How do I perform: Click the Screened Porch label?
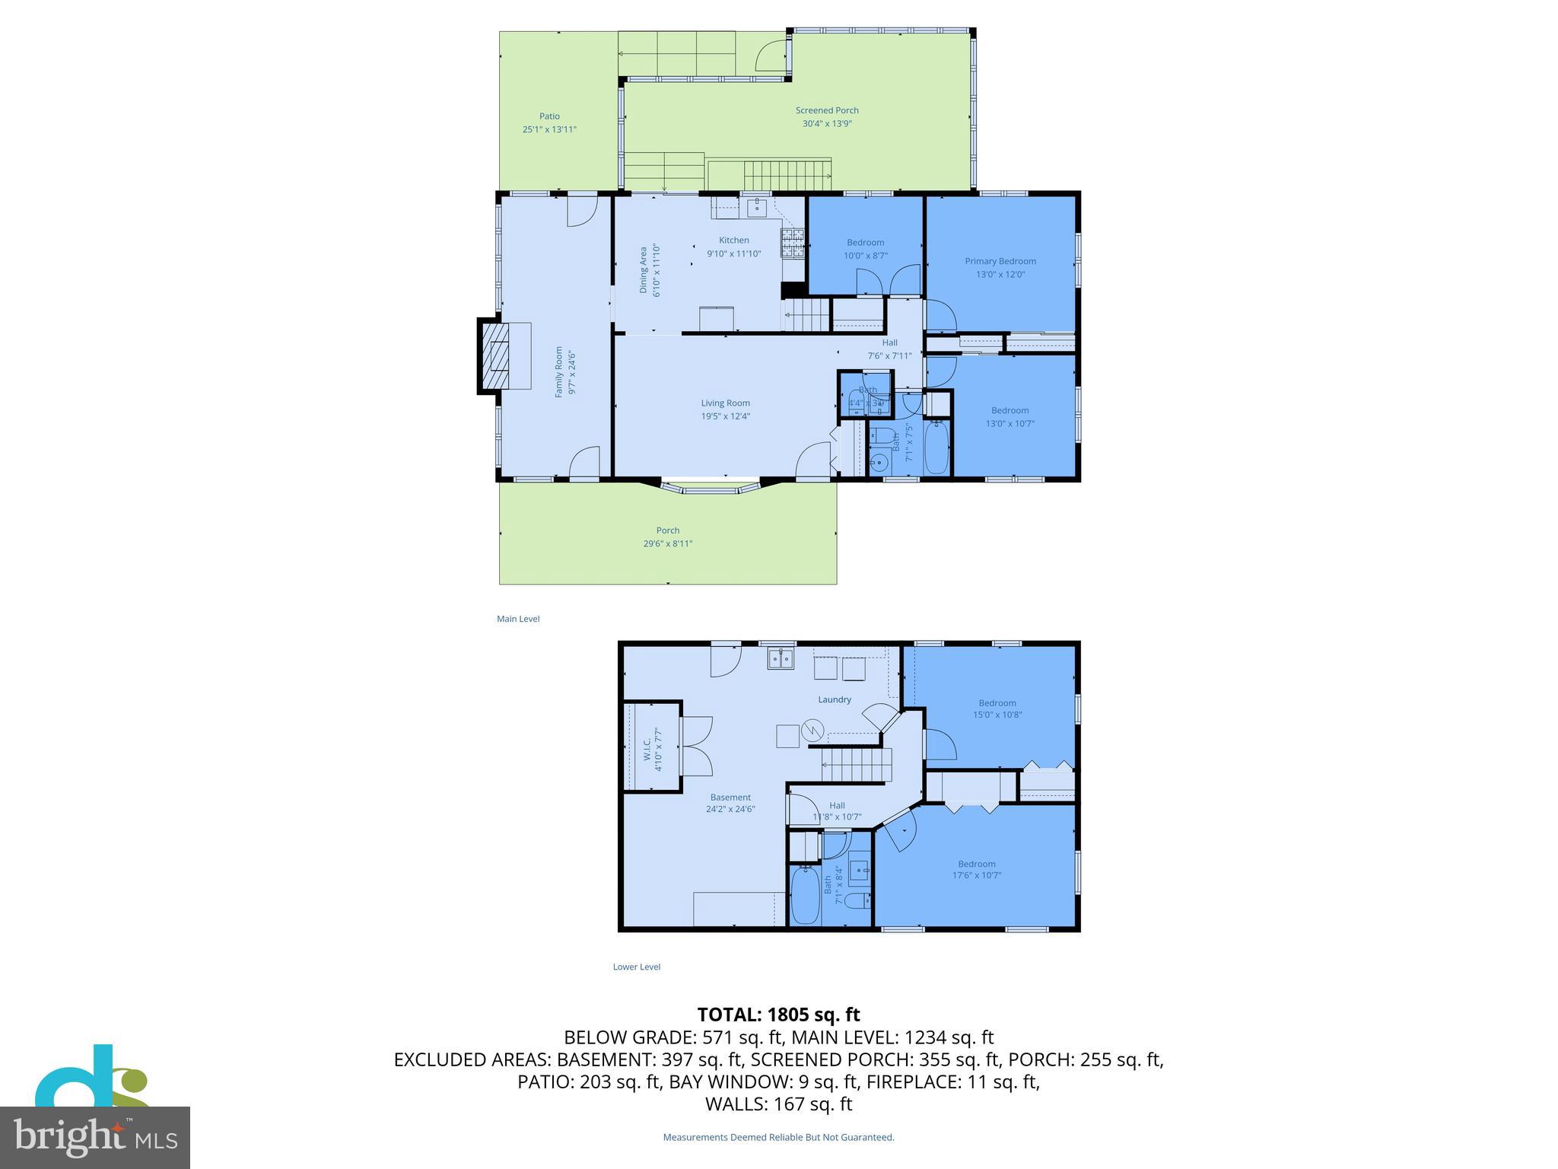point(827,110)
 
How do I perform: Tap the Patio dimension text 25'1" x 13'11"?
point(549,129)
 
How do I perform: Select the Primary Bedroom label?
point(1000,261)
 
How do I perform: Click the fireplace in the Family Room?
point(500,355)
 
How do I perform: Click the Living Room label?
point(725,403)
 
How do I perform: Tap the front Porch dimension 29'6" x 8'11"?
point(667,543)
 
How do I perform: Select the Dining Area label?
point(644,270)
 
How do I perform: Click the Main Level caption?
point(518,619)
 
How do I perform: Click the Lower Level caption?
point(637,967)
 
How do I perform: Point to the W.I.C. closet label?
point(647,749)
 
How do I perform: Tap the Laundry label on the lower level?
point(835,699)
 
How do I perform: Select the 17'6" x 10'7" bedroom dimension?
point(977,875)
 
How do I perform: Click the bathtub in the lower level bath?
point(805,897)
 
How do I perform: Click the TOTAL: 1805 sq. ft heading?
point(778,1015)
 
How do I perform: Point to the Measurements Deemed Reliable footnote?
point(778,1137)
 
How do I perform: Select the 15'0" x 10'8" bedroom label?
point(997,715)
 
